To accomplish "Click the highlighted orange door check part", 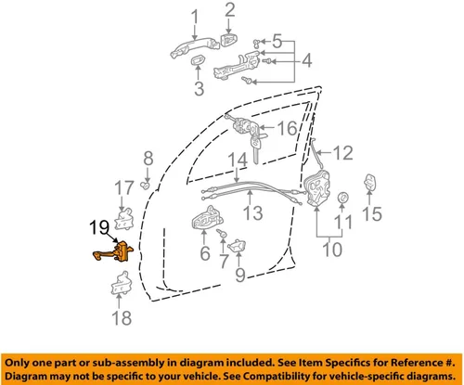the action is click(116, 252).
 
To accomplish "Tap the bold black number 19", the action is click(99, 228).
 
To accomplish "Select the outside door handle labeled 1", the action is click(194, 47).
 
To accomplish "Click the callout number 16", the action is click(288, 128).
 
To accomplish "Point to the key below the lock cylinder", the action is click(256, 148).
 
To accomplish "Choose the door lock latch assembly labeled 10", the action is click(316, 188).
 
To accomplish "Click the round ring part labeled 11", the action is click(342, 198).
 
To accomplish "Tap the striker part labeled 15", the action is click(369, 183).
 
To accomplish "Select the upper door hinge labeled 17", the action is click(124, 219).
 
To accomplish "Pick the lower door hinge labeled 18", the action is click(122, 283).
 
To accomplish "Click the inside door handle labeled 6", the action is click(207, 218).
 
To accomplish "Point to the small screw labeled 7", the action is click(222, 233).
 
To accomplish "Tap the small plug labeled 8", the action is click(145, 186).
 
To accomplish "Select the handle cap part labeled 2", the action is click(229, 40).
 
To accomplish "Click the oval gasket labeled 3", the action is click(197, 59).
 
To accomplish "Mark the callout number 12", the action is click(343, 153).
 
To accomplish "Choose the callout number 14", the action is click(238, 160).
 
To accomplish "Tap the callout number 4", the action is click(306, 60).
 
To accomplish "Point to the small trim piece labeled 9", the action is click(237, 246).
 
